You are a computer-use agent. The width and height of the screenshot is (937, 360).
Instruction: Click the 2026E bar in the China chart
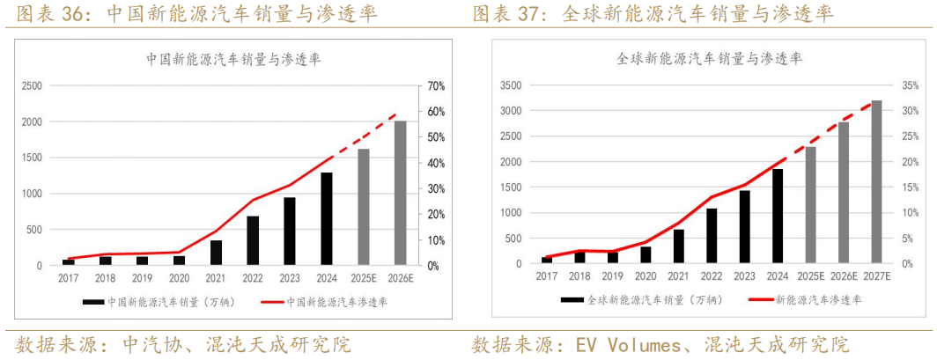tap(401, 193)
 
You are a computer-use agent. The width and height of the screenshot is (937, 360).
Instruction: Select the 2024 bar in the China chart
tap(327, 218)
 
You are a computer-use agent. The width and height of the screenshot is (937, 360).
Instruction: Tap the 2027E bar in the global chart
tap(876, 182)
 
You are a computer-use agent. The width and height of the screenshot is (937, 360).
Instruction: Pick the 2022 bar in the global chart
tap(712, 236)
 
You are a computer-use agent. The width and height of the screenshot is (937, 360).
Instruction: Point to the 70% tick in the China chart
tap(437, 86)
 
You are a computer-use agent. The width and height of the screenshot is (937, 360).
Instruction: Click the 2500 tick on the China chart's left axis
tap(32, 86)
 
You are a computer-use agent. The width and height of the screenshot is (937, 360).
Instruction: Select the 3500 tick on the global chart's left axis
tap(511, 85)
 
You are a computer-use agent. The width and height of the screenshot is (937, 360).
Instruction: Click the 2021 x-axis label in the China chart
tap(216, 278)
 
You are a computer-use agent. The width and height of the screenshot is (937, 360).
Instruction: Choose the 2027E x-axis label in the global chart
tap(876, 276)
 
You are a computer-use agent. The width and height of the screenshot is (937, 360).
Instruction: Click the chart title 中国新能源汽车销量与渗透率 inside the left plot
tap(233, 60)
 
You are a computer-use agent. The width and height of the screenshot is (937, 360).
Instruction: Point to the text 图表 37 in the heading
tap(508, 14)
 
